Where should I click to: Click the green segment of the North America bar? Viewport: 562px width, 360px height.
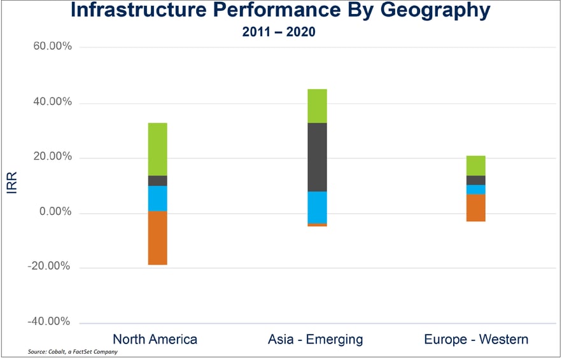(x=157, y=149)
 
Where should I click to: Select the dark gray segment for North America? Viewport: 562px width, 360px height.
(x=157, y=181)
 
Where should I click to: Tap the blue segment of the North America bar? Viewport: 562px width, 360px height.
(x=157, y=198)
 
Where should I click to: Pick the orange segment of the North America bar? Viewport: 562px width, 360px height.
(x=157, y=237)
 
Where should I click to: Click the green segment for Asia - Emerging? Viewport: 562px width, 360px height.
(x=317, y=106)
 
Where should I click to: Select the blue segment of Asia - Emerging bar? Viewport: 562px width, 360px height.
(x=317, y=207)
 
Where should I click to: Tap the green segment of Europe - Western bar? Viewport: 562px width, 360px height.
(x=475, y=165)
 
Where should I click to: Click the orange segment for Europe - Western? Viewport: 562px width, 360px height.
(x=475, y=207)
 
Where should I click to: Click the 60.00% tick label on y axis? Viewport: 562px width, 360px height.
(x=48, y=47)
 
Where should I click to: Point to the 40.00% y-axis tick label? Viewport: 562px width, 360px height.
(x=48, y=102)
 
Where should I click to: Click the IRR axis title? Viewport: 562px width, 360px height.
(x=12, y=185)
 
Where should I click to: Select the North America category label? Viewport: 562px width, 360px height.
(x=155, y=339)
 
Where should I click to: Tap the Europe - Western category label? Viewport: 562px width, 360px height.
(x=476, y=339)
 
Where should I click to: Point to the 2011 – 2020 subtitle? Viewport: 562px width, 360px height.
(x=279, y=32)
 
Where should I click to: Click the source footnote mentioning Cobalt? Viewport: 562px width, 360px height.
(x=73, y=352)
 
